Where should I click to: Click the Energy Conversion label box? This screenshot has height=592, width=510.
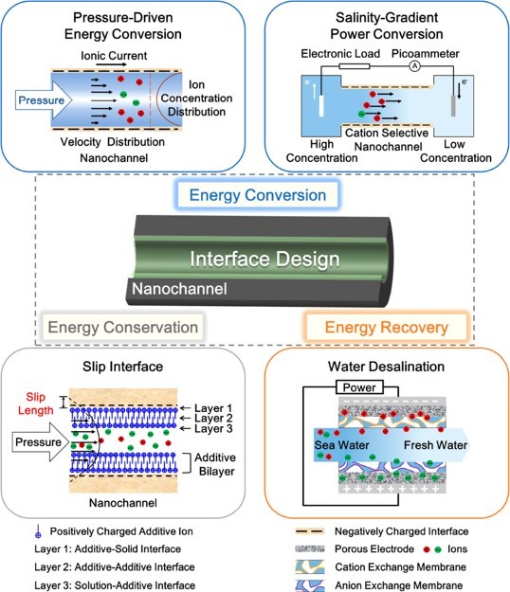tap(257, 195)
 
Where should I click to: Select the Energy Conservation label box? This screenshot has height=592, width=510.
tap(123, 327)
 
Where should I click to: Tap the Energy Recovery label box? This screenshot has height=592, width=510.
tap(387, 327)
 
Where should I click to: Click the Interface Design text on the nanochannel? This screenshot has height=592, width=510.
tap(264, 259)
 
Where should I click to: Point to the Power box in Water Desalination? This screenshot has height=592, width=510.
tap(359, 387)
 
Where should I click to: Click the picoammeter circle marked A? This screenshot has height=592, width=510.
tap(415, 66)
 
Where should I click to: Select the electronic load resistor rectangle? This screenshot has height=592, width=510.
tap(355, 66)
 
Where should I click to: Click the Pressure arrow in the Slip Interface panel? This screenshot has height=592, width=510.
tap(41, 441)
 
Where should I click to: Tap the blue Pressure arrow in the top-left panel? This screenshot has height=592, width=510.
tap(44, 100)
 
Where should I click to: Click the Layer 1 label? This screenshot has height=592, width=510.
tap(213, 408)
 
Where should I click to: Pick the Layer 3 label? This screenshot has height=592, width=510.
tap(213, 428)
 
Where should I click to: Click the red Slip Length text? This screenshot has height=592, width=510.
tap(35, 404)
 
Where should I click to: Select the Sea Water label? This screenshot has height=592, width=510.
tap(342, 445)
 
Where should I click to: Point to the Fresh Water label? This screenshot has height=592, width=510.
tap(435, 445)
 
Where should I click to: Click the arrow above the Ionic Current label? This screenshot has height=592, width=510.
tap(112, 64)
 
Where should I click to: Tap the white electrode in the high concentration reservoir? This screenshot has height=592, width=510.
tap(321, 106)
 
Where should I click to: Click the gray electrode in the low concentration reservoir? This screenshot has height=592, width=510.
tap(453, 106)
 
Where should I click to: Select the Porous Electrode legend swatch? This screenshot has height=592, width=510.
tap(310, 549)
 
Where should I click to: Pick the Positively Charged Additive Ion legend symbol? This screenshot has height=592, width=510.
tap(38, 531)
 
